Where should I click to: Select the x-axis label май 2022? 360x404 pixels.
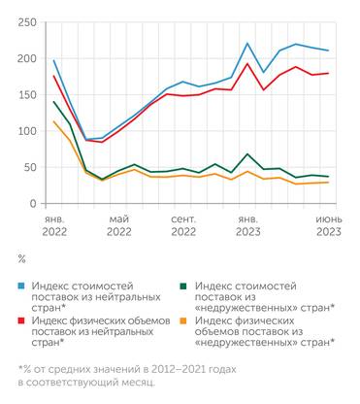(118, 226)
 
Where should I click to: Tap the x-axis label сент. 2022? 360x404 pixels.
(182, 226)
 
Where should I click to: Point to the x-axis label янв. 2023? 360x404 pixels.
(247, 226)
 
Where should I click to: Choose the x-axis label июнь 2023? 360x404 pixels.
(327, 226)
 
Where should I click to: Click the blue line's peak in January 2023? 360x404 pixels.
(247, 44)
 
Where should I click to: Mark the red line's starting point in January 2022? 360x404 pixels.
(53, 76)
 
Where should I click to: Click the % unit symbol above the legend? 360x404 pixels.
(21, 259)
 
